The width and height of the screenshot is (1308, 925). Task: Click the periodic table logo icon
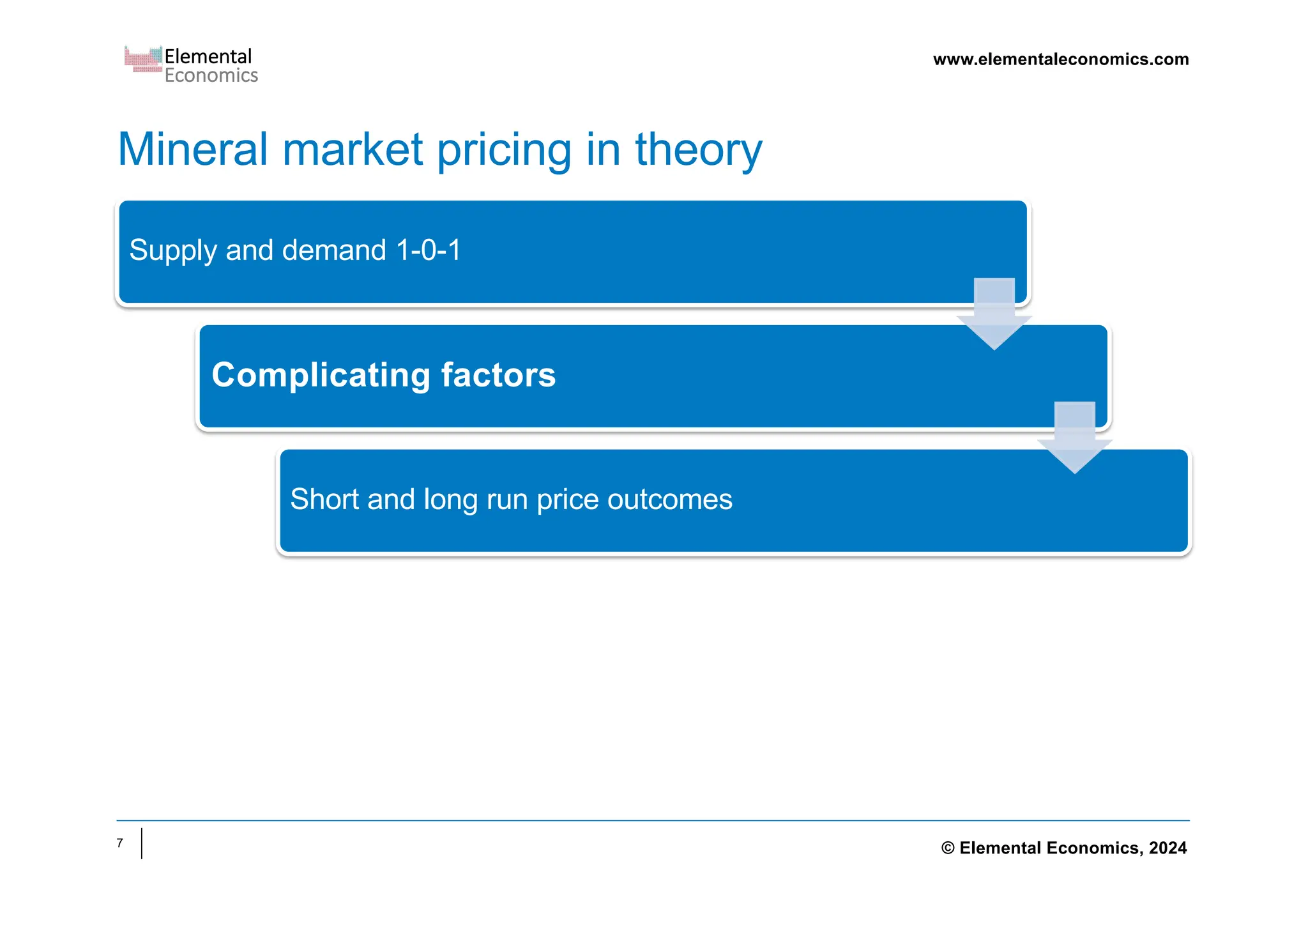click(x=143, y=59)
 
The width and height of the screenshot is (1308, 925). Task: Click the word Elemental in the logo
click(x=208, y=56)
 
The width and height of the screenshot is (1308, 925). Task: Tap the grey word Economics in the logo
click(x=211, y=75)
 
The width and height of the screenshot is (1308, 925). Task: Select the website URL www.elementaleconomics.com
click(x=1060, y=59)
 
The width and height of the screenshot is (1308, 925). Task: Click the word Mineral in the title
click(x=192, y=149)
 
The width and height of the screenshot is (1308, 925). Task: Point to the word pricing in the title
click(x=504, y=151)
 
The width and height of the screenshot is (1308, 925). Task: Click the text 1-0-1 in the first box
click(x=428, y=250)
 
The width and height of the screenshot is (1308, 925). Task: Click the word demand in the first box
click(x=334, y=250)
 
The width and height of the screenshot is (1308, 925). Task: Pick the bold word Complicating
click(x=321, y=376)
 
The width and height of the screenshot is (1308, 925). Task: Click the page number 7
click(x=119, y=843)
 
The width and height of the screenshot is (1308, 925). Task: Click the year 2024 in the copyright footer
click(x=1167, y=848)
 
